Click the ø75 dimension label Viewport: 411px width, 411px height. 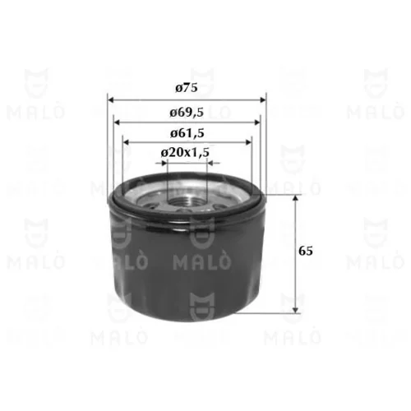[x=187, y=88]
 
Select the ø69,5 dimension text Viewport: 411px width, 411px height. [x=187, y=113]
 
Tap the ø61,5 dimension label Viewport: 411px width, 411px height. [x=187, y=133]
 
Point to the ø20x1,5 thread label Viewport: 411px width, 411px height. [x=185, y=152]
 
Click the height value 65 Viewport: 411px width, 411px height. [x=306, y=251]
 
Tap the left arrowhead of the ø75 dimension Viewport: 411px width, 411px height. [x=110, y=99]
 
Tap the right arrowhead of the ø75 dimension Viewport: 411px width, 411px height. [x=263, y=99]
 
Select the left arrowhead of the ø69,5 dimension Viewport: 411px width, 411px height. [x=117, y=122]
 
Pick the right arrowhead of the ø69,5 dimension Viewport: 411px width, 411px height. [x=257, y=122]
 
